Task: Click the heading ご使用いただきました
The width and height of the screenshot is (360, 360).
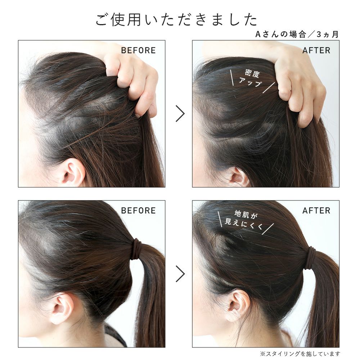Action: coord(176,19)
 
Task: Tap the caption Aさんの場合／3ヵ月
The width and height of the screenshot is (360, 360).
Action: coord(297,35)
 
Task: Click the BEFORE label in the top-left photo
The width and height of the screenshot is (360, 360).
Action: coord(138,50)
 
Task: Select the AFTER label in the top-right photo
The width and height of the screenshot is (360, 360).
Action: coord(316,50)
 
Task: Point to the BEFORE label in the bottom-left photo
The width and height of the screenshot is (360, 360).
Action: coord(138,211)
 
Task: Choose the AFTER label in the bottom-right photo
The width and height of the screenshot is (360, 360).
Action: coord(316,211)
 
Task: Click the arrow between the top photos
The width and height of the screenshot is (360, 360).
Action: coord(180,113)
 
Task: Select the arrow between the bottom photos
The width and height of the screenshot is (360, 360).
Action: coord(180,274)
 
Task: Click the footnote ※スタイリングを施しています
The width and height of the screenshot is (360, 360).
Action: coord(300,354)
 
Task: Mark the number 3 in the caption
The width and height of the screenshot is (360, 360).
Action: coord(319,35)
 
